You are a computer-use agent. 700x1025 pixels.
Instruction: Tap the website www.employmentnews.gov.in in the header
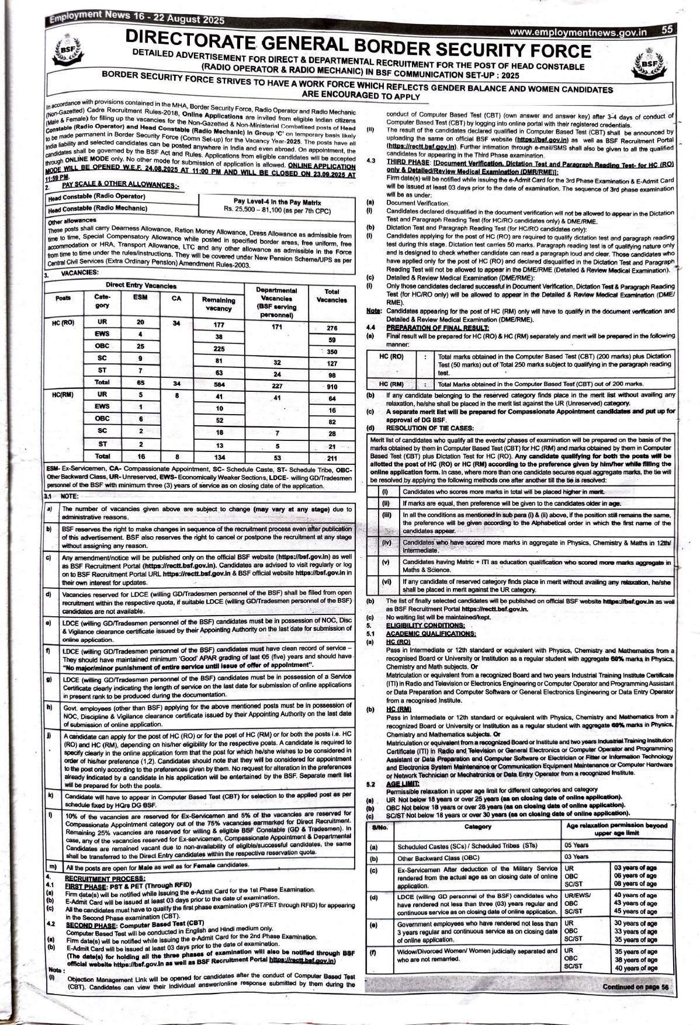[x=578, y=33]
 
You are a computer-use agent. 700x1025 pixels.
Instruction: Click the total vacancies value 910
[x=331, y=386]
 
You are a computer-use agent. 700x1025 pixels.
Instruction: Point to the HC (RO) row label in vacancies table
[x=63, y=322]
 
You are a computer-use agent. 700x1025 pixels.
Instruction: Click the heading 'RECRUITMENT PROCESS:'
[x=96, y=878]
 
